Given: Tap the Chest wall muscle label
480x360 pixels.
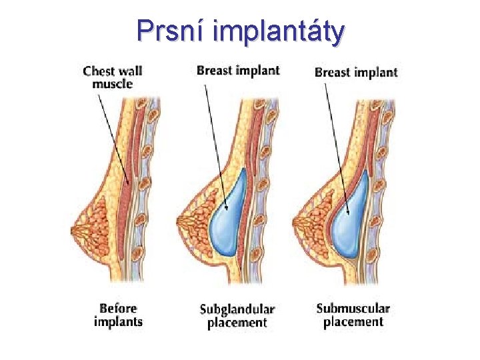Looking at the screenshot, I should point(113,77).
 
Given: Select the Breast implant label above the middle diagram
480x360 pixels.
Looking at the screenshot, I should point(238,70).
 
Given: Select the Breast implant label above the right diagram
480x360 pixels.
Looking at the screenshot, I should point(356,72).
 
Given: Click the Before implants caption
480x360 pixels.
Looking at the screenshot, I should point(118,315).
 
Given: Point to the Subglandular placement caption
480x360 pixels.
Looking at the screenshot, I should point(237,316).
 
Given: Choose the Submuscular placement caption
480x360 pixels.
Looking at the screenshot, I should point(353,315).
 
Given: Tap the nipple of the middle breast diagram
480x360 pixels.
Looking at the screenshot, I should point(178,221).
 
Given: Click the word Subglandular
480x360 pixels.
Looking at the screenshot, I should point(237,309).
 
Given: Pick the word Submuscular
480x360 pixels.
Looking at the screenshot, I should point(353,308).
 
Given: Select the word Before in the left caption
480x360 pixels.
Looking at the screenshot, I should point(118,308).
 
